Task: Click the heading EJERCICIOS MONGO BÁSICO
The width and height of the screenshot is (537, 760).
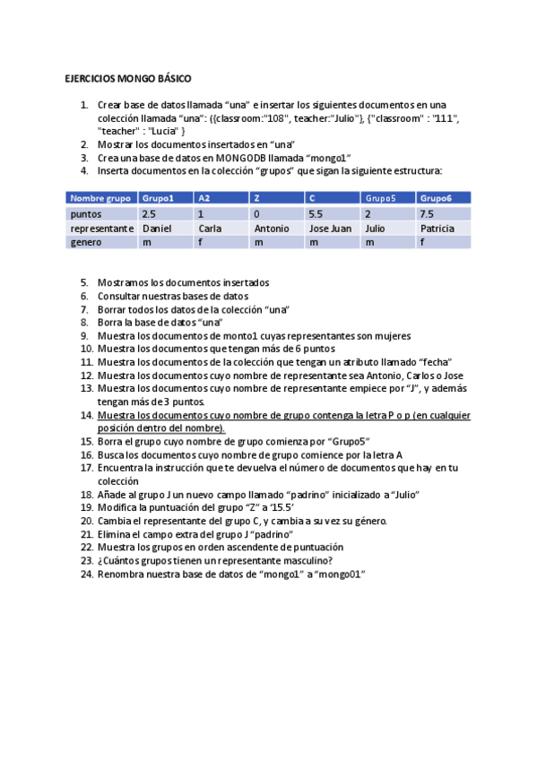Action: point(128,79)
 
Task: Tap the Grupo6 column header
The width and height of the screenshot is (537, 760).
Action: point(436,198)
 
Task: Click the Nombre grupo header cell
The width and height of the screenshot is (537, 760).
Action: point(100,198)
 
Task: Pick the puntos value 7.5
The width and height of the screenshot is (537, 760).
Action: point(427,214)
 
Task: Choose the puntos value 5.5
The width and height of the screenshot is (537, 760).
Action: point(316,214)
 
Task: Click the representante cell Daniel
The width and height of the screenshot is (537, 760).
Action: point(156,229)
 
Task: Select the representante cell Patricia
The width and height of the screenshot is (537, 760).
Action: point(437,229)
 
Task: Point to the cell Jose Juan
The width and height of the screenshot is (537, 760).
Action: point(330,229)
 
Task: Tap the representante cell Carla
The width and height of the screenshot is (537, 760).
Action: point(209,229)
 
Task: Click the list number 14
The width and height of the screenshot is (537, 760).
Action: point(86,416)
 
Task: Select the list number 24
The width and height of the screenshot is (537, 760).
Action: point(86,574)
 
